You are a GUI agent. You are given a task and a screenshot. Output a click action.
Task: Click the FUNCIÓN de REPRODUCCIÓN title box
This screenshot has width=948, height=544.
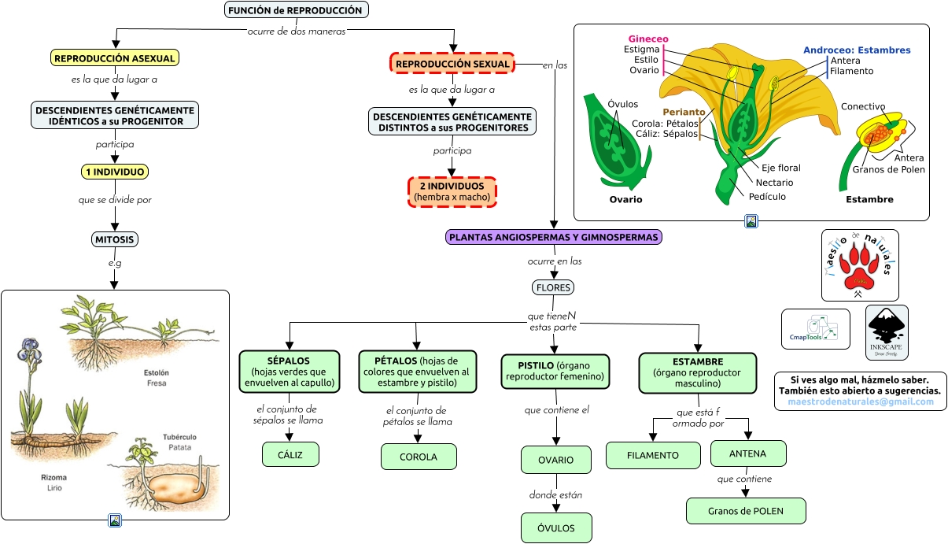[296, 10]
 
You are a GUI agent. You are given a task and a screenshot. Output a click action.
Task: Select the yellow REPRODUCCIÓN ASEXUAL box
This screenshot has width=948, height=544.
[115, 57]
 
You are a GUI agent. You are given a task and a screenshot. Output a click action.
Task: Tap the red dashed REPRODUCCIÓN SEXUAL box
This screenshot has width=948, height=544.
[452, 63]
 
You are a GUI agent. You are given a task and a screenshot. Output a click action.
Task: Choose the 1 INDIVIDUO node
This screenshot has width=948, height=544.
[115, 172]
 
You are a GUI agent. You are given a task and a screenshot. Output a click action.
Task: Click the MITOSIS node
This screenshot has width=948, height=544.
[115, 239]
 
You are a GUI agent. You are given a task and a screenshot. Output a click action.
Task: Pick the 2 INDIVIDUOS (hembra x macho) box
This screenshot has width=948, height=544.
[452, 191]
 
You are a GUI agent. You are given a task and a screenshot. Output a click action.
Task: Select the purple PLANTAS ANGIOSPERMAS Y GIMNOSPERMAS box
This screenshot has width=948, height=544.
[555, 236]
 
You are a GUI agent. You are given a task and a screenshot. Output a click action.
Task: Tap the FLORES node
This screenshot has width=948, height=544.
[553, 287]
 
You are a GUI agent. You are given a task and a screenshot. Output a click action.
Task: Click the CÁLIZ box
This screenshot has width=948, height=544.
[290, 454]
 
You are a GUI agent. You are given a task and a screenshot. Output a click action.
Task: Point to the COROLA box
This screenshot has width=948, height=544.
[419, 457]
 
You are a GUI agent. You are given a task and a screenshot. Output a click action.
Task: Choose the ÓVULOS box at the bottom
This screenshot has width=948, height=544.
[556, 527]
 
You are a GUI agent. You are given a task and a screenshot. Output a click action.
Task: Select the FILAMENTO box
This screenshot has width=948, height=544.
[653, 455]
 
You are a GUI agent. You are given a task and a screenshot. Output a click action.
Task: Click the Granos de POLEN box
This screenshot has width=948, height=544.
[745, 511]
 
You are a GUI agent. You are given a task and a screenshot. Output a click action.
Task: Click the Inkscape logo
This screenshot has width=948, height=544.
[887, 331]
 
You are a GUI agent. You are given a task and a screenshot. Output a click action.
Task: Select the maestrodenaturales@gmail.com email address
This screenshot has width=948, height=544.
[860, 402]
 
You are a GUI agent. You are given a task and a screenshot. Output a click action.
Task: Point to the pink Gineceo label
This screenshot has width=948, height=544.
[648, 39]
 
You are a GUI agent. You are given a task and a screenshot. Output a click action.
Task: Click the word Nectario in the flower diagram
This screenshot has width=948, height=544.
[774, 183]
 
